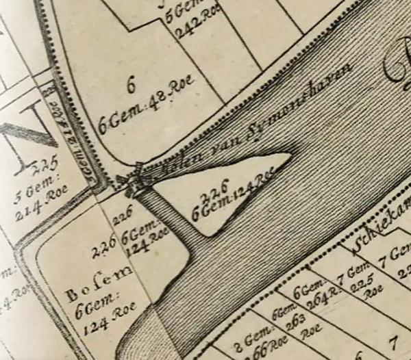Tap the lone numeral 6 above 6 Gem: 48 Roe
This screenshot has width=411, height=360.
click(131, 83)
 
